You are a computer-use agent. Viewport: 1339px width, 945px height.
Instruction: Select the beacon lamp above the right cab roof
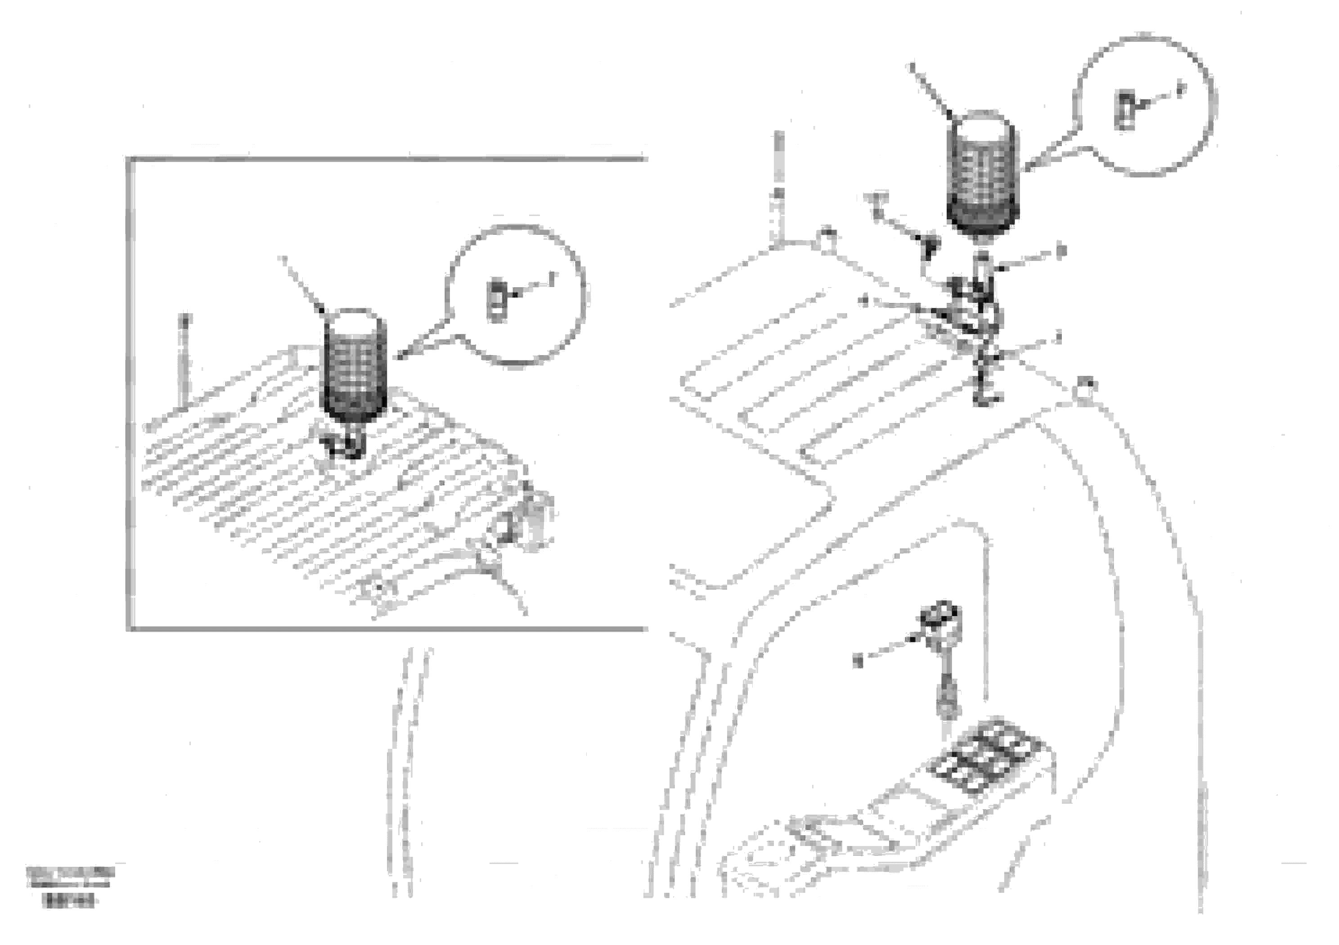point(983,175)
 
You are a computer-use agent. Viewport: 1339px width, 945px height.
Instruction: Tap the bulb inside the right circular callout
point(1125,110)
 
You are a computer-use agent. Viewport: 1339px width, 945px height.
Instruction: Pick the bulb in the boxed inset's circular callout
point(497,301)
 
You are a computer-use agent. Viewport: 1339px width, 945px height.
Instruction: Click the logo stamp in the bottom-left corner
point(70,874)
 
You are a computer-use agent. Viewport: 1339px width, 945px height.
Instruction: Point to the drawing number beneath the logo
point(68,902)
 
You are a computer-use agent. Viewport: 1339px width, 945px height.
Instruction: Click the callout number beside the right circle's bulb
point(1181,90)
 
